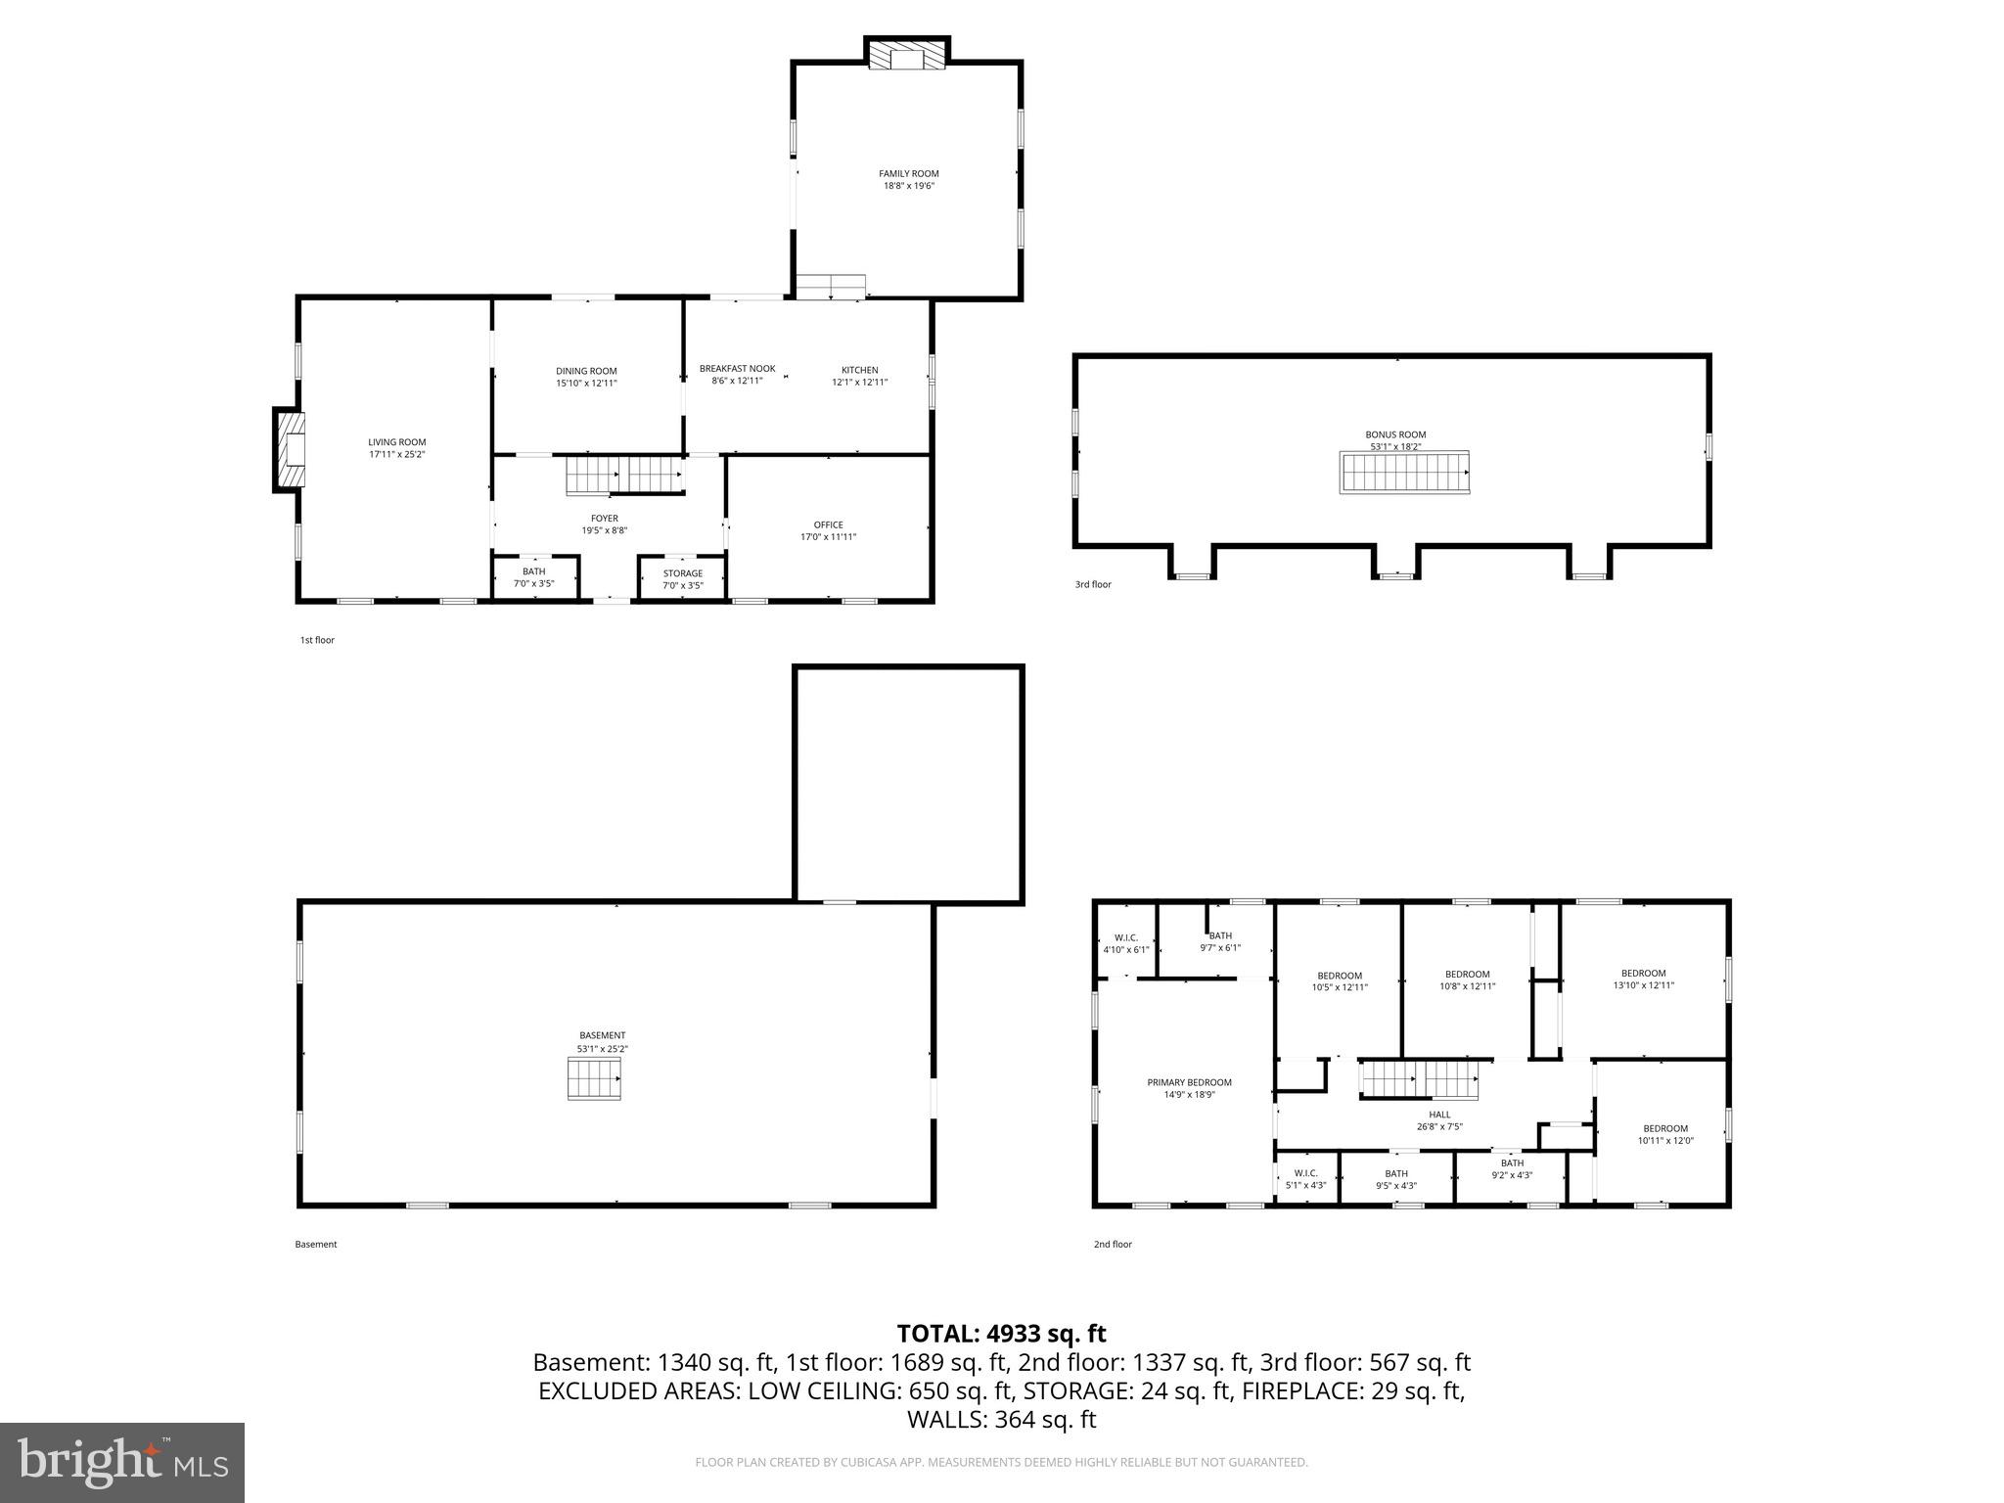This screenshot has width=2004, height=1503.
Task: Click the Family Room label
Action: (908, 174)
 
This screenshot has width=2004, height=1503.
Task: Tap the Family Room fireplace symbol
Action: (908, 55)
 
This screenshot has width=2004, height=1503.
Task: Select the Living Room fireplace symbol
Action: (290, 450)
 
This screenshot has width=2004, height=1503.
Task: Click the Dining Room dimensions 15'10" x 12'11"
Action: (586, 384)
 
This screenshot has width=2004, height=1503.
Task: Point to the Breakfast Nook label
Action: (737, 369)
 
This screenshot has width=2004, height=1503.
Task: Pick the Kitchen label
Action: (859, 370)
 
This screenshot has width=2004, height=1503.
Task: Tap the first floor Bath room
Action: (534, 577)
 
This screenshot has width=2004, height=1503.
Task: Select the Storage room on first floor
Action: (682, 579)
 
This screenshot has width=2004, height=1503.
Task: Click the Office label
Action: (828, 524)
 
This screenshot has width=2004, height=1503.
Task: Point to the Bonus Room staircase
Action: (1404, 473)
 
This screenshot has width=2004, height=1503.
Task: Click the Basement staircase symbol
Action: (594, 1081)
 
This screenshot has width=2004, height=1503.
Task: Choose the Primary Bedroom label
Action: (1189, 1082)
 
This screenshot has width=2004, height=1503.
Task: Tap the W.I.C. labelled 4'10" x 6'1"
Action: (1125, 943)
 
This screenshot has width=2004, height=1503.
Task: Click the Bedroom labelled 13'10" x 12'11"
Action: (1643, 979)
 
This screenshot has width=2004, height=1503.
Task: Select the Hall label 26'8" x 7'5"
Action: (1439, 1120)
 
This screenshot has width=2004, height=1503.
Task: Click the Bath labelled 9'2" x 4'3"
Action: (1512, 1169)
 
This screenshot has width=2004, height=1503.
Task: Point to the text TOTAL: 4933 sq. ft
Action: (1001, 1334)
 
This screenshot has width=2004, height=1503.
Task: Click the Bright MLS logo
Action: (122, 1462)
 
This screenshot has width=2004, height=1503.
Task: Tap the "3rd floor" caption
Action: (1093, 585)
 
